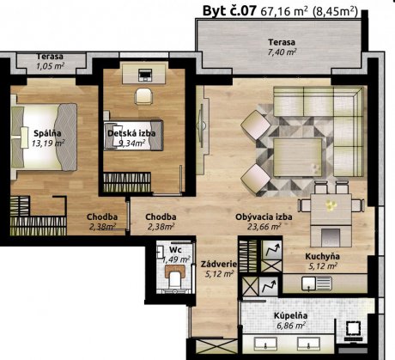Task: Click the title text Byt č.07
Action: pos(229,11)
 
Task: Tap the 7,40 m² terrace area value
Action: pos(282,52)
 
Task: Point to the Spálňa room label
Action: pos(47,133)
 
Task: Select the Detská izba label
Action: pos(131,133)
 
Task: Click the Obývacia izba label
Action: pos(264,217)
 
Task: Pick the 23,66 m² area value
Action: pos(264,227)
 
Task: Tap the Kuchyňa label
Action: pos(322,257)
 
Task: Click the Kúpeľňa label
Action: pos(291,316)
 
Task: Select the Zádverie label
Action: pos(219,264)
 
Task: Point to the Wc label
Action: pos(175,249)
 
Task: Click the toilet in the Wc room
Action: pos(175,277)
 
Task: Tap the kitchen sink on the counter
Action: pos(317,284)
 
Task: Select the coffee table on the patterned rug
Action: pos(298,157)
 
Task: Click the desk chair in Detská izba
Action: pos(143,96)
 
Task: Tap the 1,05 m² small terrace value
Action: pos(50,66)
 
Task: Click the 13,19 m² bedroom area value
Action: pos(48,143)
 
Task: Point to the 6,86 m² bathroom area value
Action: pos(291,326)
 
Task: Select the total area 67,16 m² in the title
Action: pos(284,11)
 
